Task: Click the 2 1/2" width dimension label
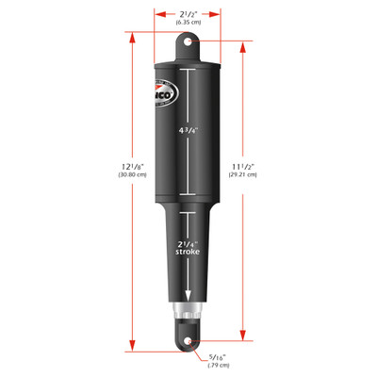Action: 188,13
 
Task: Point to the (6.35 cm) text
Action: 188,25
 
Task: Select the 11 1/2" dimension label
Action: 272,164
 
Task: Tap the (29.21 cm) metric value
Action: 272,175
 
